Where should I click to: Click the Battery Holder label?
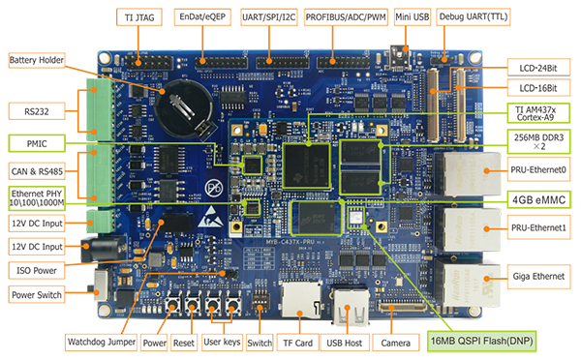38,60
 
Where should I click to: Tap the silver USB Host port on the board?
351,311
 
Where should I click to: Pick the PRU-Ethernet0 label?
538,170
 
